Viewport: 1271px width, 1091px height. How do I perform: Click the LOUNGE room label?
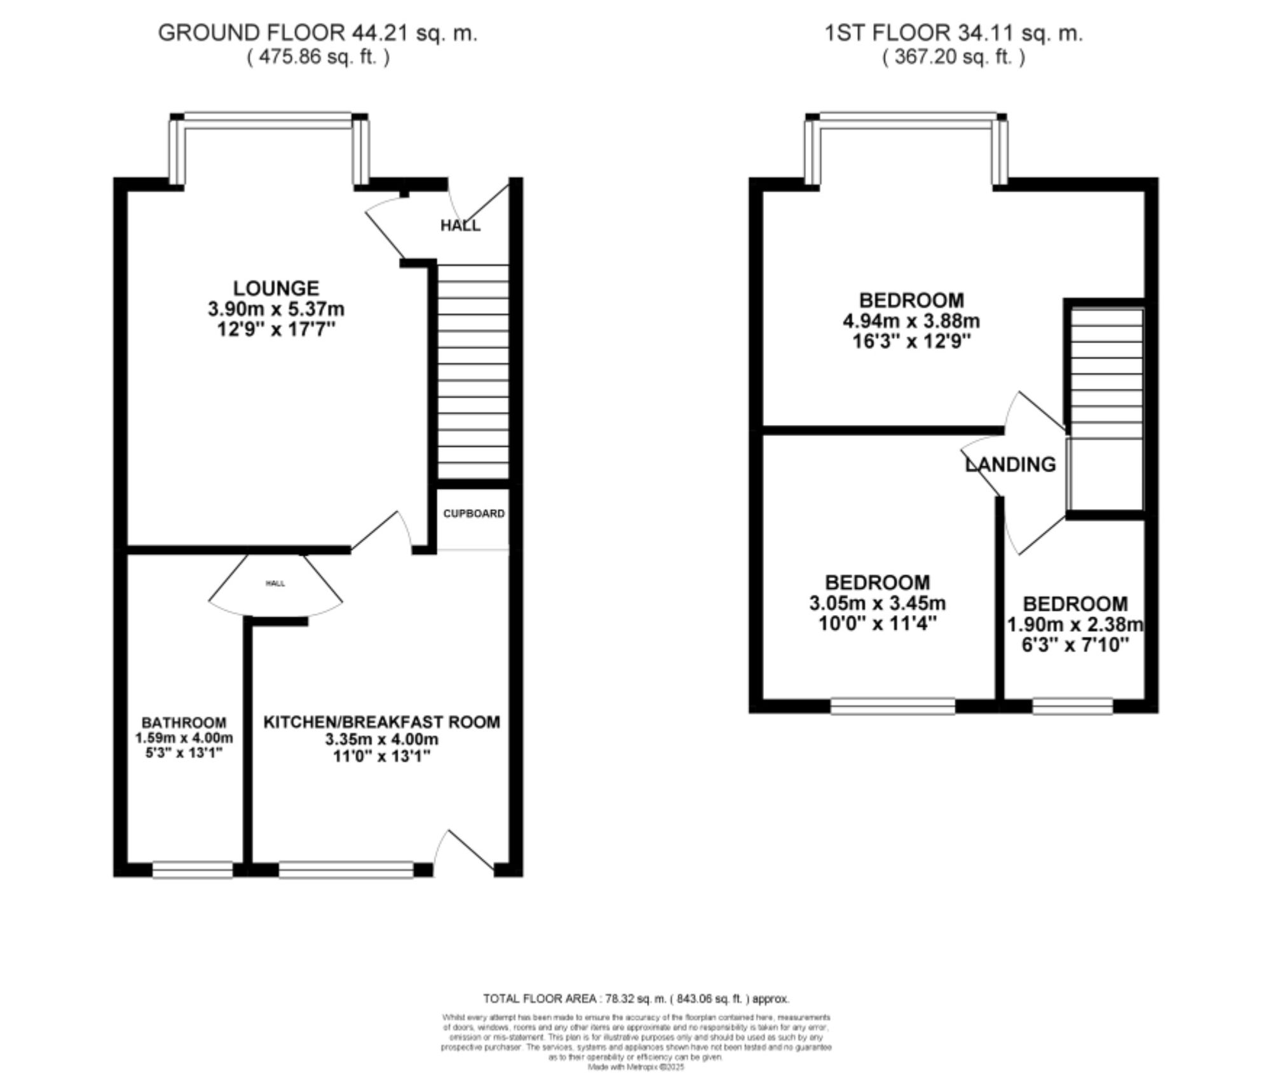(x=276, y=288)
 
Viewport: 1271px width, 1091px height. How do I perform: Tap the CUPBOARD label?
(x=473, y=513)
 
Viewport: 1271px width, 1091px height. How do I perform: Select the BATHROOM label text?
(x=184, y=722)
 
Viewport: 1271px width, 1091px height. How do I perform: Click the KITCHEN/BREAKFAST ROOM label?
(x=381, y=722)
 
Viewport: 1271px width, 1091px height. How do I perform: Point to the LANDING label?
(x=1010, y=464)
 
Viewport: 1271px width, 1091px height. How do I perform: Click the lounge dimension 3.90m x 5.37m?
(x=276, y=309)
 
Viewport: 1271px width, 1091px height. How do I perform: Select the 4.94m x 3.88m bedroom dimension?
(x=911, y=321)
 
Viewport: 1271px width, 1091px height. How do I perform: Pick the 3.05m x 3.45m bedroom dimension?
(x=877, y=602)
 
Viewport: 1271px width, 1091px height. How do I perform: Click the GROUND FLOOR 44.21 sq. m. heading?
(x=317, y=33)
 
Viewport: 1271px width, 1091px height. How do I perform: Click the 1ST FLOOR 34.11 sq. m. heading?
(x=953, y=33)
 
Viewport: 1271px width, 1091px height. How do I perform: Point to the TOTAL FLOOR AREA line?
(x=635, y=998)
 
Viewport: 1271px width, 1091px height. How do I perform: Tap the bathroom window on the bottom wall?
(x=193, y=869)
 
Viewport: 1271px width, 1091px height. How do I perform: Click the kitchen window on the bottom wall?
(x=346, y=869)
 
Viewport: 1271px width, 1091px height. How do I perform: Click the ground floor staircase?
(x=473, y=372)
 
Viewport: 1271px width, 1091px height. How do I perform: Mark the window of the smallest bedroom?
(x=1072, y=705)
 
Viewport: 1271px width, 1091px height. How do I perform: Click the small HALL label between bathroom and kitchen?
(x=275, y=583)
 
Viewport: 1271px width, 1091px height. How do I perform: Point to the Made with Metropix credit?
(x=635, y=1067)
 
